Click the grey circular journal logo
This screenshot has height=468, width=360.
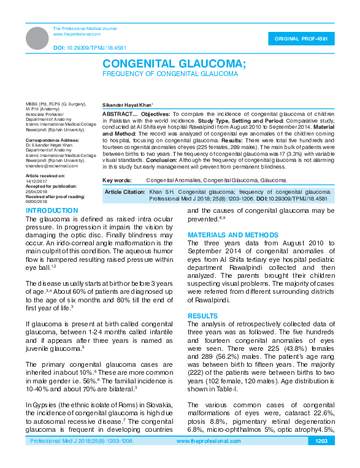[x=37, y=38]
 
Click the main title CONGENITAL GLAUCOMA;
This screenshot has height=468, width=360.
[x=174, y=64]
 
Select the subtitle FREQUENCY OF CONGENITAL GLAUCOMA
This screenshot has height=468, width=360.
[x=170, y=74]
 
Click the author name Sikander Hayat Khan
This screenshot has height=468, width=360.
[x=127, y=105]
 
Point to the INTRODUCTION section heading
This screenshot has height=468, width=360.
[x=52, y=210]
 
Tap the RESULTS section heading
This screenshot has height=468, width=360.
[x=202, y=316]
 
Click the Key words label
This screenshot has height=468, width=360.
[x=117, y=180]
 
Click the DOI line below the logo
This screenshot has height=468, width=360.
[x=82, y=47]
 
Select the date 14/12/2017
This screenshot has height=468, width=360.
[x=36, y=180]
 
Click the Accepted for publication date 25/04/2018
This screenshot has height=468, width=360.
[x=36, y=190]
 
